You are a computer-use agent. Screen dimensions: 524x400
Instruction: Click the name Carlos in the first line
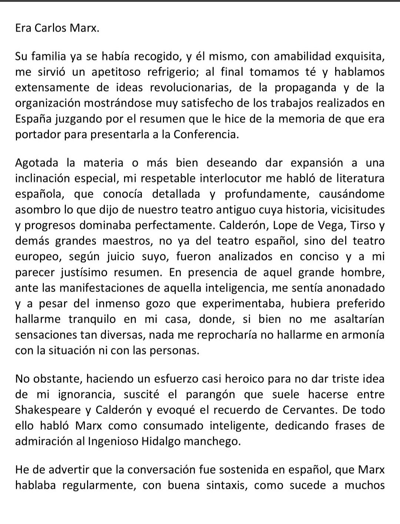[50, 29]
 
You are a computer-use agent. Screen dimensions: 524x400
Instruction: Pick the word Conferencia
[205, 134]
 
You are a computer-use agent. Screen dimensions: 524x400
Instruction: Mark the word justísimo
[81, 273]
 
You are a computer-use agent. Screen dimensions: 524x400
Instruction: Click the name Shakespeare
[47, 410]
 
